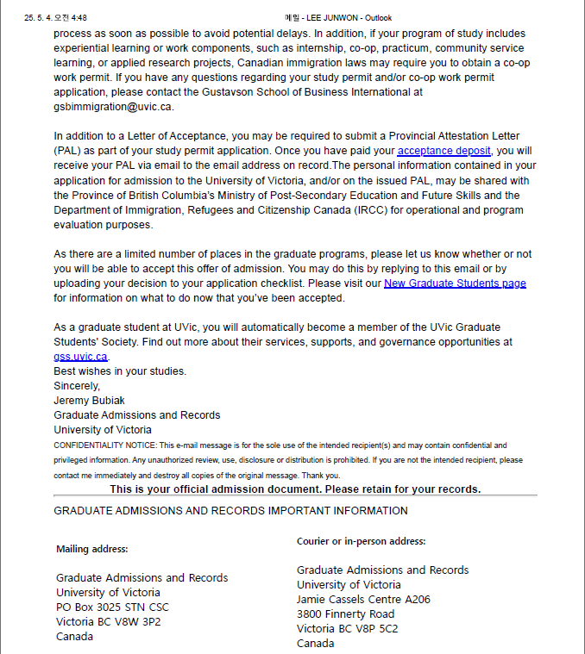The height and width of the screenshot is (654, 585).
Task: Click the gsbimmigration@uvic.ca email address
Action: [113, 106]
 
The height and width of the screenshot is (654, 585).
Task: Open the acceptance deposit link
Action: [444, 151]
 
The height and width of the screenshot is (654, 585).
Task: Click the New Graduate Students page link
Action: [455, 283]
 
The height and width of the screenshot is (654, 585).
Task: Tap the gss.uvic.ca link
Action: [81, 357]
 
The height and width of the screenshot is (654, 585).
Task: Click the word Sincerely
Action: [77, 386]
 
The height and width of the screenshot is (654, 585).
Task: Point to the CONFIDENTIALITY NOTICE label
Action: [102, 445]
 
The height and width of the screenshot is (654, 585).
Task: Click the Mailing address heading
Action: [92, 549]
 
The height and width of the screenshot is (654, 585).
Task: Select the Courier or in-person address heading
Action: [361, 541]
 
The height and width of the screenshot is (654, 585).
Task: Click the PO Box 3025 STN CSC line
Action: [112, 607]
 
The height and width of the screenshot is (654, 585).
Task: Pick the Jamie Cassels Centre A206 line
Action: [363, 600]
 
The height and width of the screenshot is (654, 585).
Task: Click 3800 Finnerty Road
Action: [345, 614]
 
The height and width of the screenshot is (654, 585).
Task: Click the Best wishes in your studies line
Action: [120, 371]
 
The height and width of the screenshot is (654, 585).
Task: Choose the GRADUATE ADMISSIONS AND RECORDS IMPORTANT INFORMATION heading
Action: [230, 511]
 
